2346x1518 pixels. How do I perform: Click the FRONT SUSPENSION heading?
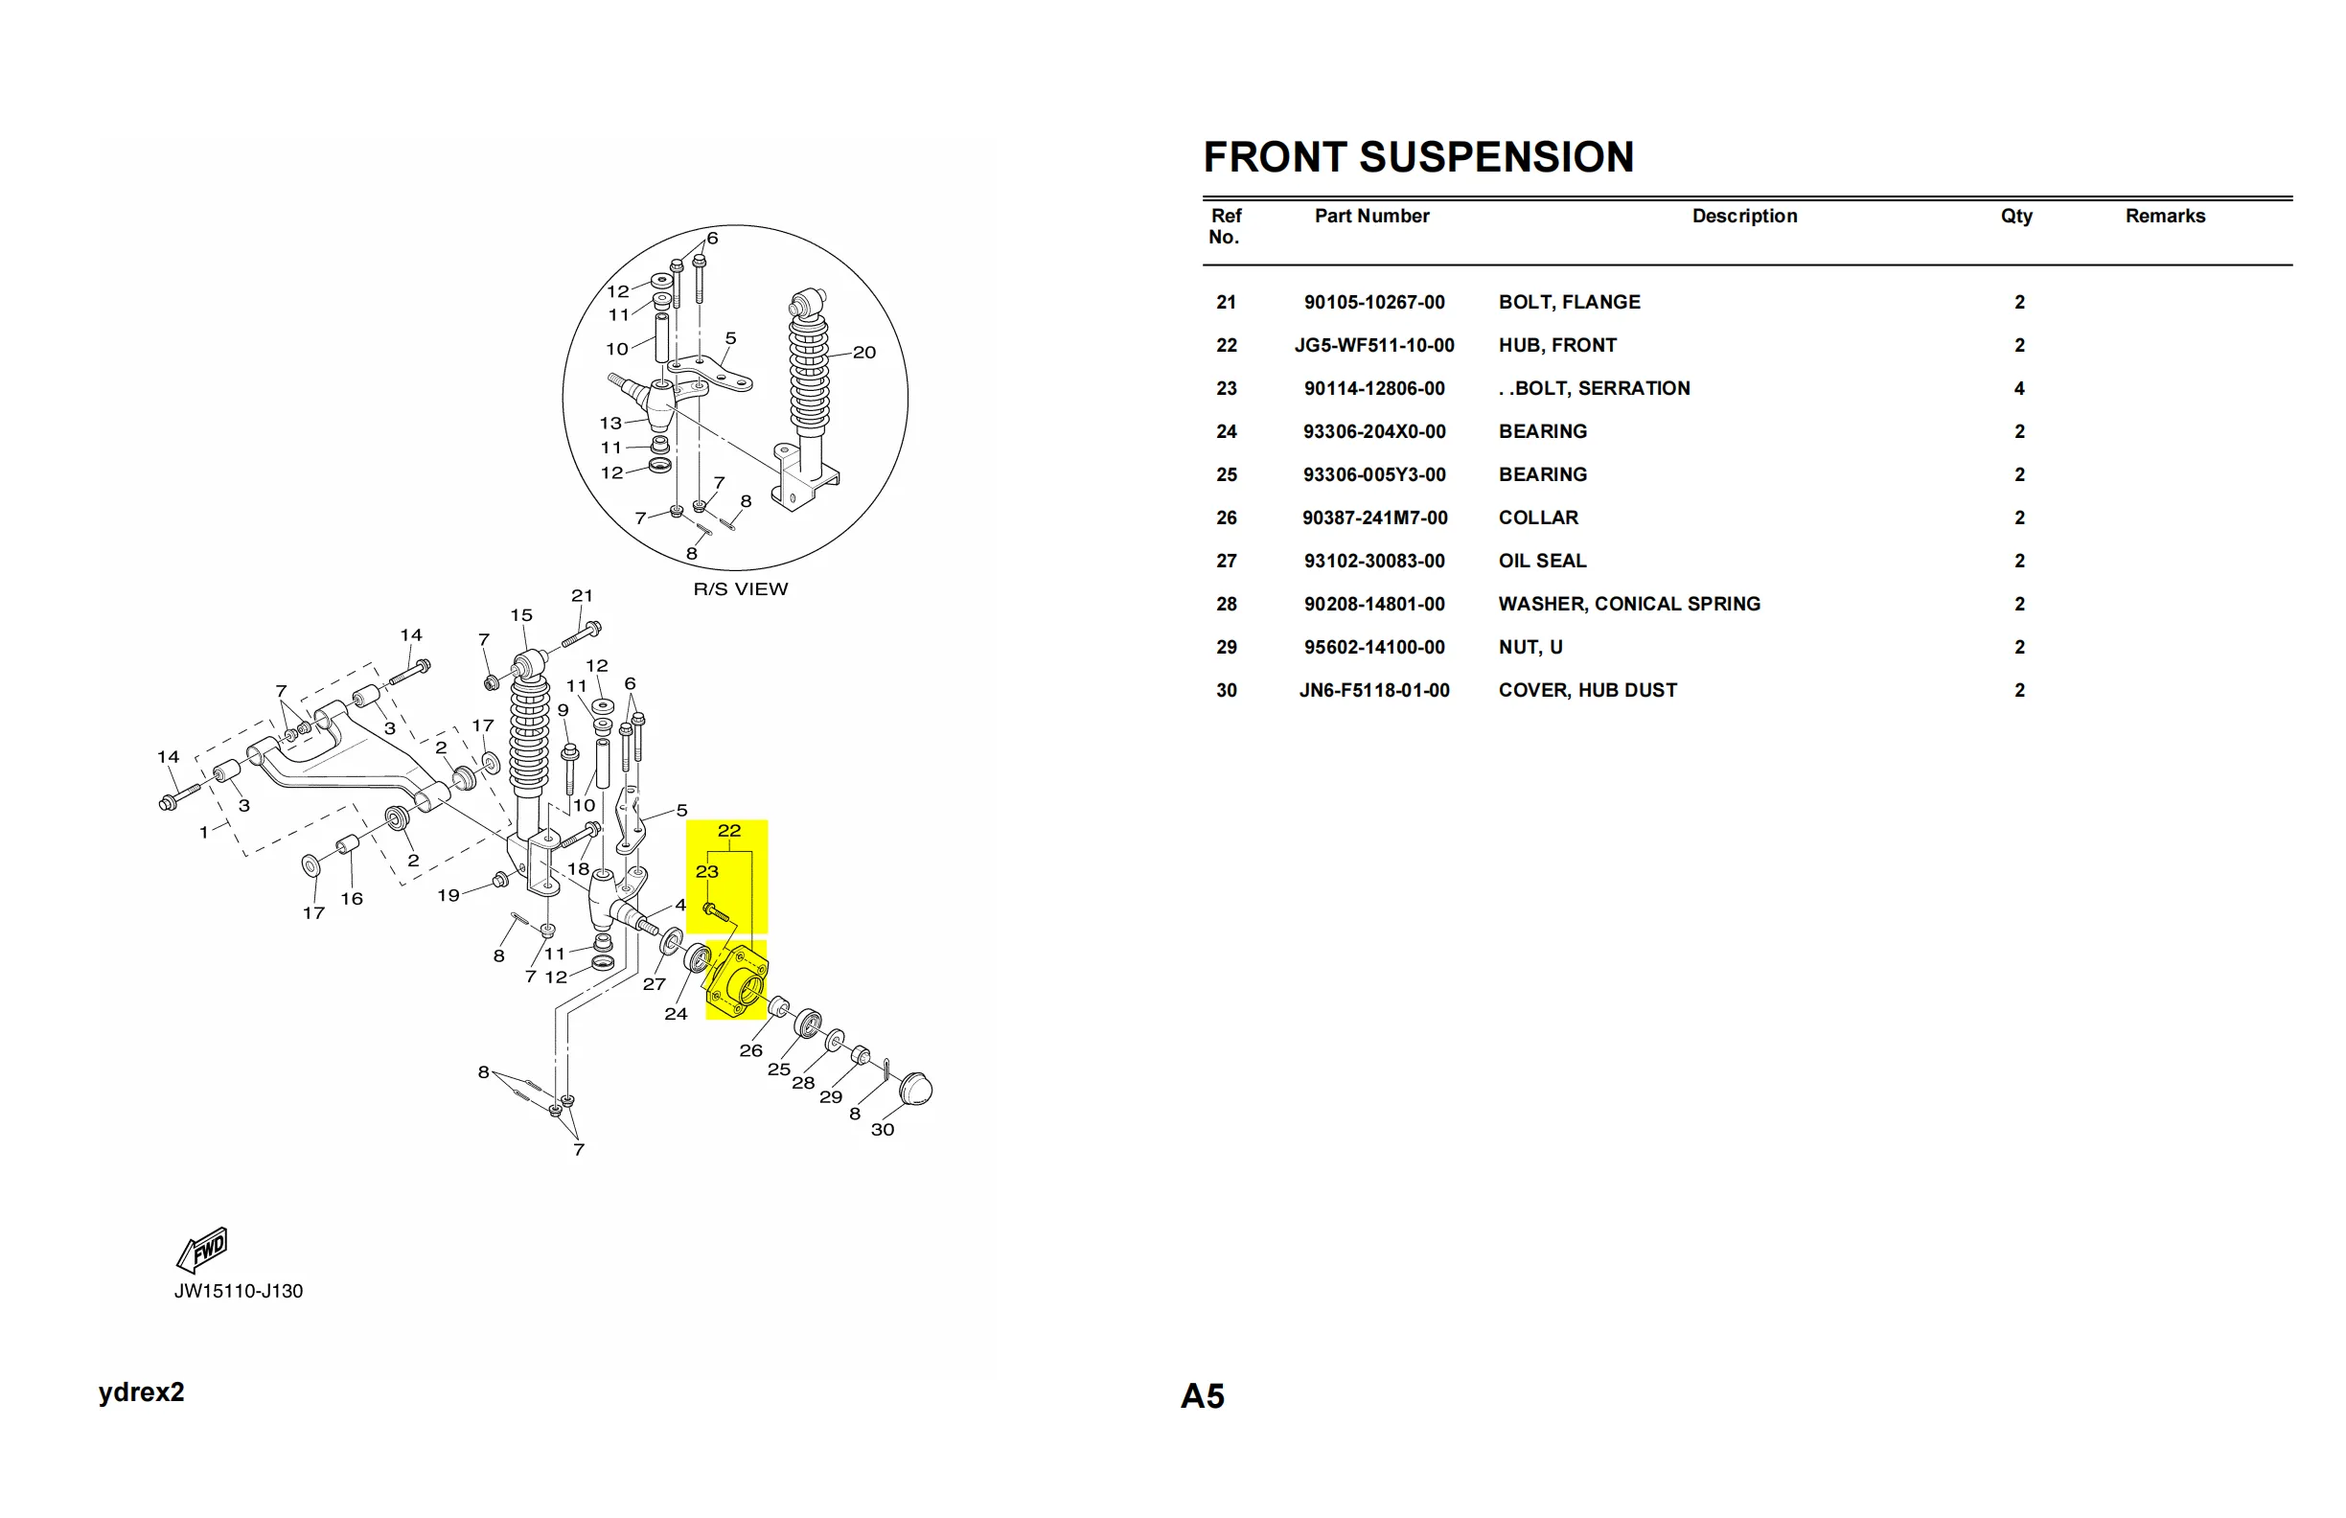pyautogui.click(x=1417, y=158)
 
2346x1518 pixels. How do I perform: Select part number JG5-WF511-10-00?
pyautogui.click(x=1373, y=346)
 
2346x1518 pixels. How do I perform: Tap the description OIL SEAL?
pyautogui.click(x=1542, y=561)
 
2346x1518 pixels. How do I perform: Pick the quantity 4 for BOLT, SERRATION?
pyautogui.click(x=2019, y=388)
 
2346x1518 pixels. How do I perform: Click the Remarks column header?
pyautogui.click(x=2165, y=216)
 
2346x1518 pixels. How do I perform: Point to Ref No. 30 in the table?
pyautogui.click(x=1226, y=691)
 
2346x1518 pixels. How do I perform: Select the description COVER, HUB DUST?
pyautogui.click(x=1587, y=691)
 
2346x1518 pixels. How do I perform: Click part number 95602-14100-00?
pyautogui.click(x=1373, y=648)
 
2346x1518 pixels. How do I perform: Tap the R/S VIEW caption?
pyautogui.click(x=740, y=589)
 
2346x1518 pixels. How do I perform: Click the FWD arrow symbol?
pyautogui.click(x=203, y=1250)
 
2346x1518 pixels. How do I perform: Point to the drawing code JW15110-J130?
pyautogui.click(x=239, y=1291)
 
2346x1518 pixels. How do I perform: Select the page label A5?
pyautogui.click(x=1202, y=1395)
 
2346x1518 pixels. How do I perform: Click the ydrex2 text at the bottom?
pyautogui.click(x=141, y=1391)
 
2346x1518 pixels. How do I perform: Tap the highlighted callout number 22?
pyautogui.click(x=728, y=831)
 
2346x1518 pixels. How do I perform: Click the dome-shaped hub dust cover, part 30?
pyautogui.click(x=916, y=1089)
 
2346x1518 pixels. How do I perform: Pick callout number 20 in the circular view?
pyautogui.click(x=863, y=353)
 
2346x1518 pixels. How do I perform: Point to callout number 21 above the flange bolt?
pyautogui.click(x=582, y=596)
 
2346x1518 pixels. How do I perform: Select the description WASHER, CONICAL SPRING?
pyautogui.click(x=1628, y=605)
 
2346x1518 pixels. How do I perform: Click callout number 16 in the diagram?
pyautogui.click(x=352, y=899)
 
